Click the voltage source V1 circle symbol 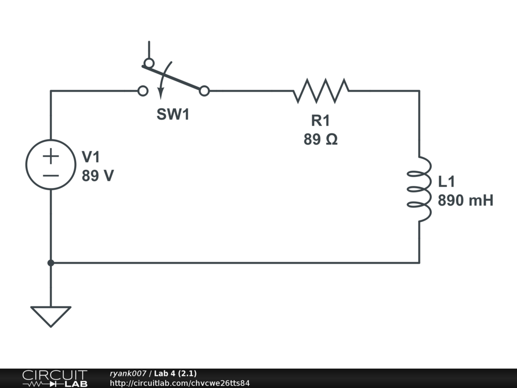[50, 165]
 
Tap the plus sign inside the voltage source [50, 156]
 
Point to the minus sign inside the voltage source [50, 176]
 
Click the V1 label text [91, 157]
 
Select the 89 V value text [97, 176]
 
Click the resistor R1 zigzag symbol [321, 91]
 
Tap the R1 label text [321, 120]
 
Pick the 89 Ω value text [321, 139]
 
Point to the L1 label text [447, 182]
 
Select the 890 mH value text [465, 201]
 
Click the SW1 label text [173, 115]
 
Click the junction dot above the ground [50, 263]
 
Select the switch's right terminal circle [204, 91]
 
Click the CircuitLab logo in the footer [55, 378]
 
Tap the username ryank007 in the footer [128, 373]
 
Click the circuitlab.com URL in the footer [180, 383]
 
